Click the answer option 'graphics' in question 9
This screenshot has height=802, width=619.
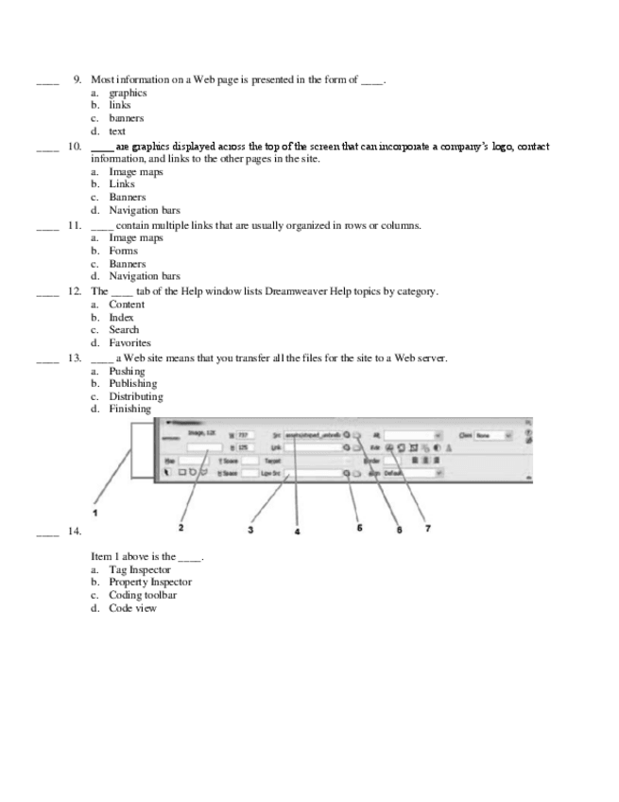tap(128, 93)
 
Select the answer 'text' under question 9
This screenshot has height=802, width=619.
tap(117, 131)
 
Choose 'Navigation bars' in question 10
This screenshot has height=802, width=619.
tap(144, 210)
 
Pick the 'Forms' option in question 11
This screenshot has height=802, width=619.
tap(123, 251)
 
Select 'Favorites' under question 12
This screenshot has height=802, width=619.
tap(129, 343)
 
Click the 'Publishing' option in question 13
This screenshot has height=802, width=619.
tap(132, 384)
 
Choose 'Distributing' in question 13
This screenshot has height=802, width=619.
tap(135, 397)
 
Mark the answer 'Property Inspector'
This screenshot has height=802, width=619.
tap(149, 582)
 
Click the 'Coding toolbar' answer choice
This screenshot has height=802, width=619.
tap(142, 595)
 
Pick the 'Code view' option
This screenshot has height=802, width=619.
tap(132, 608)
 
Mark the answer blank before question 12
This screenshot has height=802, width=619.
tap(47, 292)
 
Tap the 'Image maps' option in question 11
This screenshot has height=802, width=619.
tap(135, 237)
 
